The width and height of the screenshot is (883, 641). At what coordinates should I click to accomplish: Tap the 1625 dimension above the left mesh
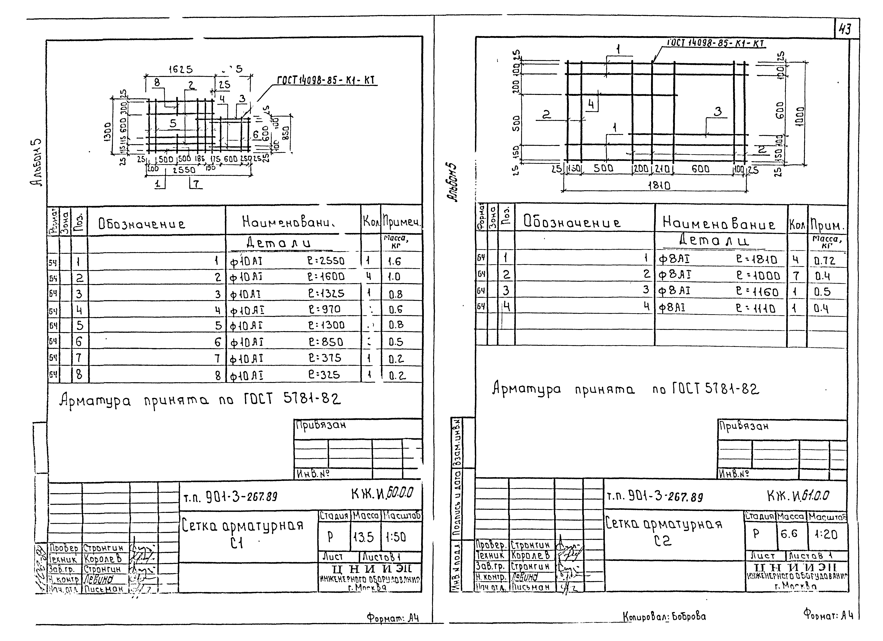(180, 69)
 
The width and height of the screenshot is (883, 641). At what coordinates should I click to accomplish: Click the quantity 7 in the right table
(796, 276)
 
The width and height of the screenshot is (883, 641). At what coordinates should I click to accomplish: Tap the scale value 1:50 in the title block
(396, 537)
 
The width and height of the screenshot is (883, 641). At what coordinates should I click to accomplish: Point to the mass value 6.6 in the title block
(789, 534)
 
